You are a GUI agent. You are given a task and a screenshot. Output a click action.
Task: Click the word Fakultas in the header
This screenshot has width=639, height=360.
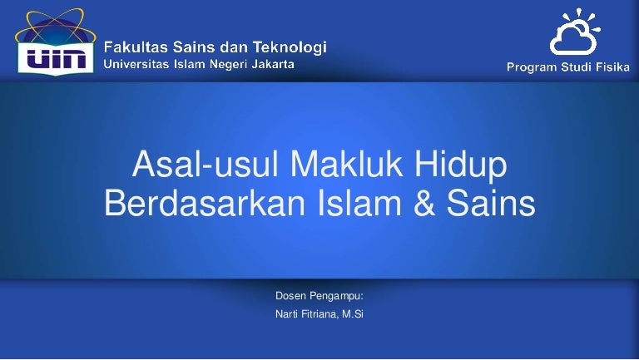pos(142,47)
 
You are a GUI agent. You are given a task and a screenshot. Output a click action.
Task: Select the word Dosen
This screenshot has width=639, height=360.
pos(290,296)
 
